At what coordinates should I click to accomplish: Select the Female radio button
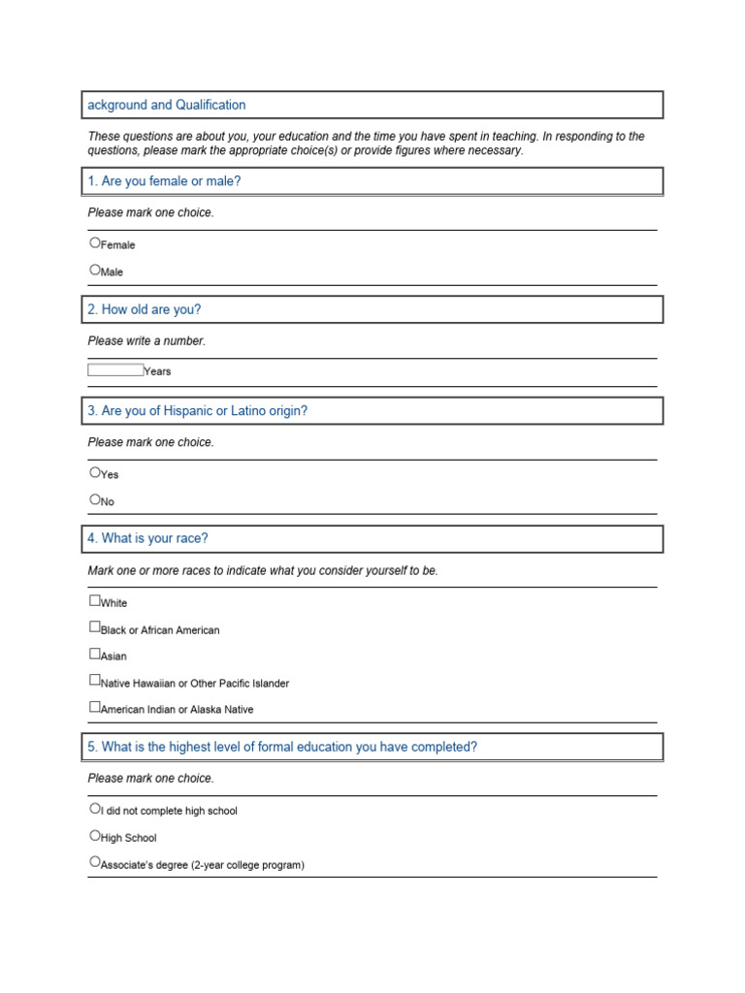(x=95, y=242)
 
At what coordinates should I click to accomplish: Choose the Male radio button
(x=95, y=270)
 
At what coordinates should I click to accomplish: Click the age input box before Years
(x=115, y=369)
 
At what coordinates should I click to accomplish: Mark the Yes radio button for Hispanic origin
(x=95, y=472)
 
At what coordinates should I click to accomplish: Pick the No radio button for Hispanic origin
(x=95, y=499)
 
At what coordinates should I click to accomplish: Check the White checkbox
(x=95, y=600)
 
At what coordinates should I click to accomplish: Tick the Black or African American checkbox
(x=95, y=627)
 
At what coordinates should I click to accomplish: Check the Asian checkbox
(x=95, y=654)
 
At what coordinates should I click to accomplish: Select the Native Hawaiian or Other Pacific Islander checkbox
(x=95, y=681)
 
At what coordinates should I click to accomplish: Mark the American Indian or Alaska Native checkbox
(x=95, y=707)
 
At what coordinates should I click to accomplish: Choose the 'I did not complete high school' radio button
(x=95, y=808)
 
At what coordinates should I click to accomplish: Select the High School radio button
(x=95, y=835)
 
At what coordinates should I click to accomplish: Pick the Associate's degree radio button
(x=95, y=861)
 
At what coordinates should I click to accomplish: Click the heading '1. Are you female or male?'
(x=164, y=181)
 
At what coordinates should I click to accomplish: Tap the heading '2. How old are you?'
(x=145, y=309)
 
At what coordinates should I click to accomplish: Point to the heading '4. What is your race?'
(x=147, y=538)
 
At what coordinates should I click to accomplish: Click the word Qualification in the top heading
(x=211, y=105)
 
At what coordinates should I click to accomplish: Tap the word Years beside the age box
(x=157, y=371)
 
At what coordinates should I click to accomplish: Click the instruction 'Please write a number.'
(x=146, y=341)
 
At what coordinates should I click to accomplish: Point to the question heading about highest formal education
(x=282, y=747)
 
